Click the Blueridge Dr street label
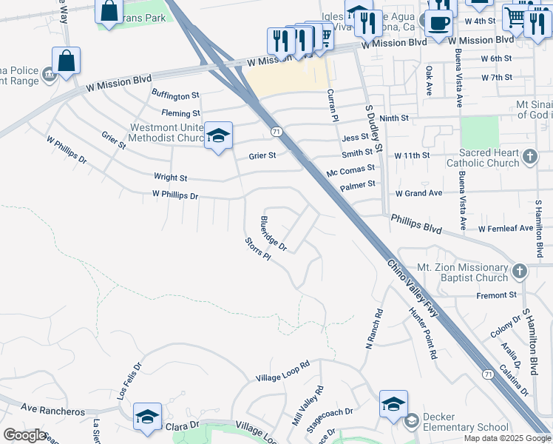point(273,232)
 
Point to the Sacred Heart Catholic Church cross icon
point(529,157)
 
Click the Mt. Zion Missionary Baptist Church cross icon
point(520,272)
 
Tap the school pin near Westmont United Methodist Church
point(218,135)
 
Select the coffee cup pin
point(439,23)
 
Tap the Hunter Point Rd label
point(424,334)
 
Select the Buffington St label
point(175,95)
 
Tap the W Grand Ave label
point(418,193)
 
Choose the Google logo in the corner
point(24,435)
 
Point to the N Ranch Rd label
point(374,329)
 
